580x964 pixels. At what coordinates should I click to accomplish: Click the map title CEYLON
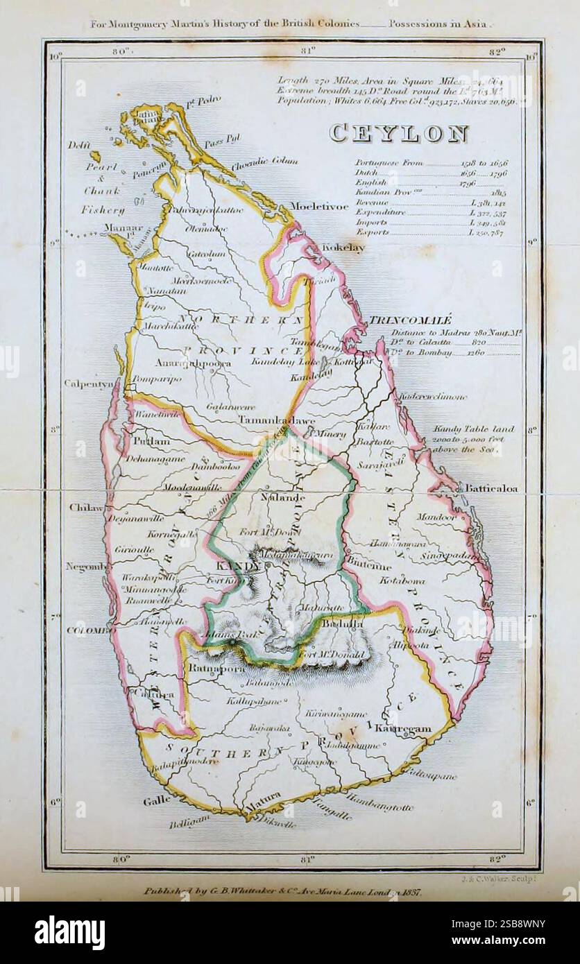pos(398,132)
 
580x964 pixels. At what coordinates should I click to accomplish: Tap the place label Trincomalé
pos(409,320)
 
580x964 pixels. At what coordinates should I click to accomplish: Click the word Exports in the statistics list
pos(372,233)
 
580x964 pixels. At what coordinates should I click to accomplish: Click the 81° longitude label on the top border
pos(308,50)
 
